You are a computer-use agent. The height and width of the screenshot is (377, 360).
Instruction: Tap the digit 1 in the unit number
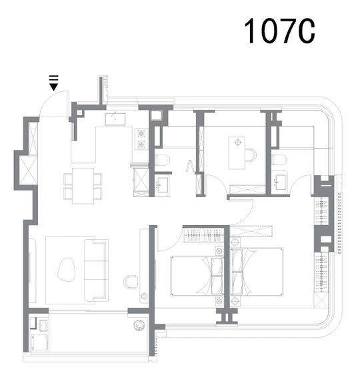(x=250, y=31)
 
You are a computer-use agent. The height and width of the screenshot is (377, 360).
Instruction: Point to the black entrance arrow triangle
(x=53, y=87)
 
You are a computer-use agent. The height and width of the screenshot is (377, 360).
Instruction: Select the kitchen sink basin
(x=115, y=119)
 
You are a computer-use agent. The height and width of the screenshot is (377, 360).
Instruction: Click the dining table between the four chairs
(x=83, y=186)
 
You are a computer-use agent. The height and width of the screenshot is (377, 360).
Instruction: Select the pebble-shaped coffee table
(x=67, y=270)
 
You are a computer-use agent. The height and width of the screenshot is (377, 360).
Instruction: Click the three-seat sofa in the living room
(x=96, y=270)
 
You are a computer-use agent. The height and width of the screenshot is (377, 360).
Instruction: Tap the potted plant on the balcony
(x=139, y=325)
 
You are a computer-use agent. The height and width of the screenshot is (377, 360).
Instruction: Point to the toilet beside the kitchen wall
(x=163, y=160)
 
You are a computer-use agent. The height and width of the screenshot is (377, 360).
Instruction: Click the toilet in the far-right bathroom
(x=279, y=160)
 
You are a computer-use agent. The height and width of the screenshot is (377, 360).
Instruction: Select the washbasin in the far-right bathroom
(x=281, y=182)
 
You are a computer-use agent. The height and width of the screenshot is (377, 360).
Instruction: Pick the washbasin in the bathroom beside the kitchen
(x=163, y=185)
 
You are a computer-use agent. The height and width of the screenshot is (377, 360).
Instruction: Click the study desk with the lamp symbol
(x=237, y=153)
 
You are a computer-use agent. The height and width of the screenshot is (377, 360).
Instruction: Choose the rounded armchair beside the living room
(x=131, y=282)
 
